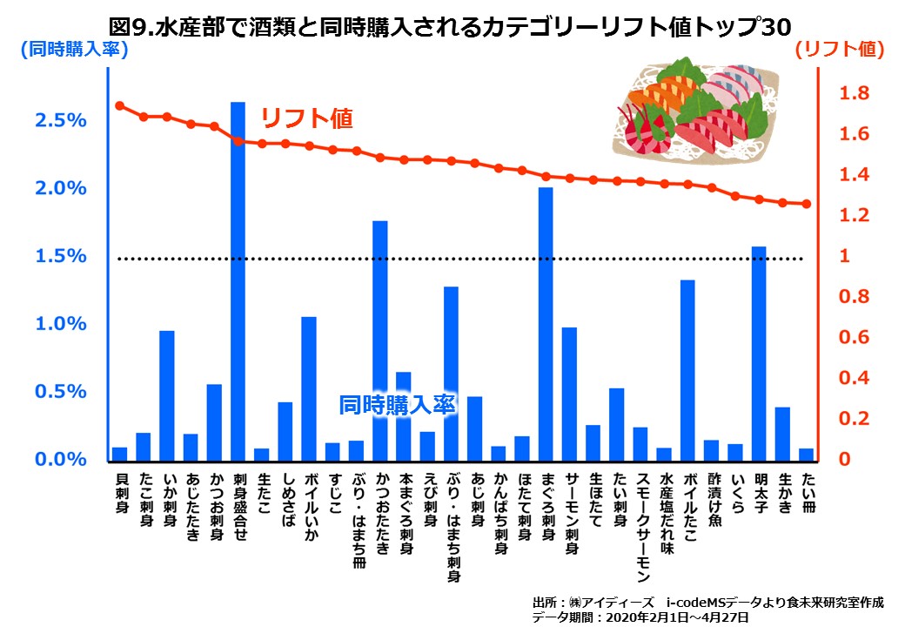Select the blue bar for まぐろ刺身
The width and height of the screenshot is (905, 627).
point(546,323)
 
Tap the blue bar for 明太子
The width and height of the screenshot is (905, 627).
point(759,353)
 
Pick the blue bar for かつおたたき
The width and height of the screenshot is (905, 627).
point(379,340)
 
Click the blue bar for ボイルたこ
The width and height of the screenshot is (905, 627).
point(687,369)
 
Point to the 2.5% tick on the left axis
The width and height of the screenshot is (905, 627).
point(61,120)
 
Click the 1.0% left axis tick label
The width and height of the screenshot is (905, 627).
point(61,324)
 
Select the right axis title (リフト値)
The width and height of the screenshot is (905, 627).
point(839,50)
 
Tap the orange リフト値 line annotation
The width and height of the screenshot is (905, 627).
point(307,118)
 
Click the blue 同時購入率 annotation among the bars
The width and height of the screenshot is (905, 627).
point(397,405)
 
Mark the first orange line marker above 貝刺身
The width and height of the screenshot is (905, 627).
point(120,105)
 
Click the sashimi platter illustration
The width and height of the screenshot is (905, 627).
point(696,109)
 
